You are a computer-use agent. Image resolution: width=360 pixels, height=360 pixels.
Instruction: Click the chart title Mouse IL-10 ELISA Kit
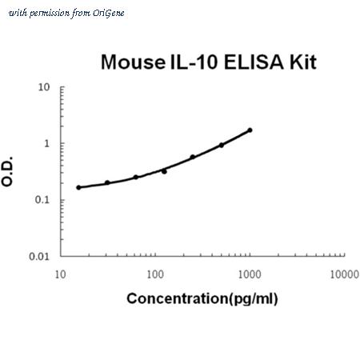(209, 62)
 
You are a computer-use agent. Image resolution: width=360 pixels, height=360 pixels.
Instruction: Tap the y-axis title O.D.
(7, 171)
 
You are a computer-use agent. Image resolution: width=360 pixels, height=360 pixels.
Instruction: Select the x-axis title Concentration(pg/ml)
(202, 298)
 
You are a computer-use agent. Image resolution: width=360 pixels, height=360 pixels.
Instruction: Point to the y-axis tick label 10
(44, 87)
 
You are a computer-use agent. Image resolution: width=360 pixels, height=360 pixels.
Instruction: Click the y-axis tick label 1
(47, 143)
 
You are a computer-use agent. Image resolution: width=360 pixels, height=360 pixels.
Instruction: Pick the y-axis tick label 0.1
(42, 200)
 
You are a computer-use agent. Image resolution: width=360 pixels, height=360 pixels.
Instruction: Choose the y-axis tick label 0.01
(39, 257)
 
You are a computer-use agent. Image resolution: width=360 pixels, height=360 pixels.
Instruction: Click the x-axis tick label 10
(60, 274)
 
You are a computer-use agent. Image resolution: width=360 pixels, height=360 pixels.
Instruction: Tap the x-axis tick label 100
(155, 274)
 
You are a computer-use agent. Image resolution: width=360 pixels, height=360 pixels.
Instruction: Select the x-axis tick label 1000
(250, 274)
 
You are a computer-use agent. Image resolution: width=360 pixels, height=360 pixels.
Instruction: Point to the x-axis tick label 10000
(345, 274)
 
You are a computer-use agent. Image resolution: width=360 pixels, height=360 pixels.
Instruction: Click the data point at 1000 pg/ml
(250, 130)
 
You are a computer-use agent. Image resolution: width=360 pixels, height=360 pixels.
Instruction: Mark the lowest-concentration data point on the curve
(78, 187)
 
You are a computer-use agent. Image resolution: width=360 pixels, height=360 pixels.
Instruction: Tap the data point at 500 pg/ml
(222, 145)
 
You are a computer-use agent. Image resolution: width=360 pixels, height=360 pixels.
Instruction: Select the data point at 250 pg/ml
(193, 157)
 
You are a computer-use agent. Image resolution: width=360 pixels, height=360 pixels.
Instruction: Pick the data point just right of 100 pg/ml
(164, 171)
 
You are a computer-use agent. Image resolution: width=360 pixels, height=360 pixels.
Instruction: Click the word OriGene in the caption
(109, 14)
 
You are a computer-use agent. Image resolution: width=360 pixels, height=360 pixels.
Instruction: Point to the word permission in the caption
(50, 14)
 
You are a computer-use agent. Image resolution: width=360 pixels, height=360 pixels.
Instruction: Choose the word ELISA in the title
(254, 62)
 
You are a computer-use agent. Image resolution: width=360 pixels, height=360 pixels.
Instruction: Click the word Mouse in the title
(133, 62)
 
